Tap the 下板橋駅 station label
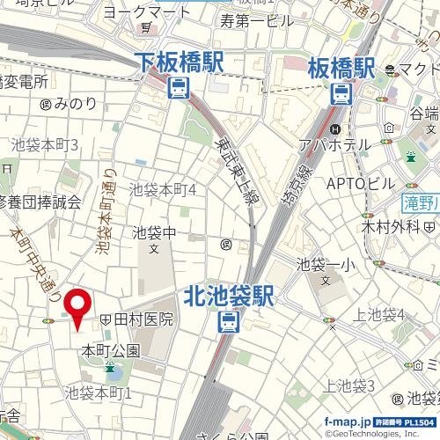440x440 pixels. coord(180,62)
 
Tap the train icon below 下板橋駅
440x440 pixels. coord(180,87)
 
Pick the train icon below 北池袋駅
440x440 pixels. coord(227,322)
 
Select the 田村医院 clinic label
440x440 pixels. coord(142,319)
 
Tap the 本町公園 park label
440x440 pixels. coord(110,350)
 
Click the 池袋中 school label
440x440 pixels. coord(155,233)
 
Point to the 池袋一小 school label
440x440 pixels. coord(325,263)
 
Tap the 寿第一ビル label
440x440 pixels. coord(257,20)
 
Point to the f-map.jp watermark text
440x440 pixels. coord(347,422)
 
